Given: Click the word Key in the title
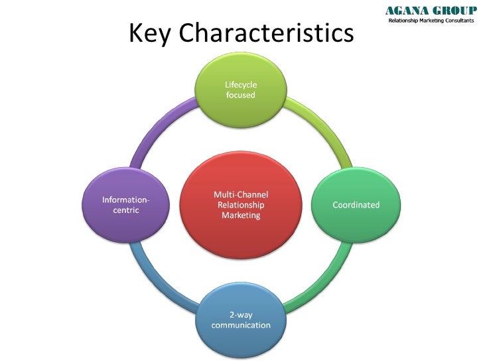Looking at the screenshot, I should point(149,34).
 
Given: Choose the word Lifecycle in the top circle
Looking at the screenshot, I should point(240,84).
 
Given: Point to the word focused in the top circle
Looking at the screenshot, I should point(240,95).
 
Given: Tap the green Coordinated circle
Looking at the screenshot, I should point(356,205).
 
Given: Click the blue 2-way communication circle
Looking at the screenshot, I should point(240,320).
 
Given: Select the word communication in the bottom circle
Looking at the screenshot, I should point(240,326).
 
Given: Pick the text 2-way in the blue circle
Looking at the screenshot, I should point(240,314).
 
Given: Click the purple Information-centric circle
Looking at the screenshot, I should point(125,205).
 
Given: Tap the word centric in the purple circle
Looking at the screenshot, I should point(125,210).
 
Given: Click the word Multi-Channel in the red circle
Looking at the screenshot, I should point(240,194).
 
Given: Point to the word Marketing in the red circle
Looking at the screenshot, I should point(240,215).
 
